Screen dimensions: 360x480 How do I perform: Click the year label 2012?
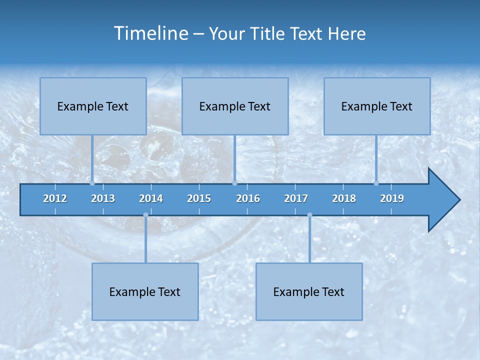pos(55,198)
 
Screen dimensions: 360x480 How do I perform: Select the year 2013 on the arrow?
pos(103,198)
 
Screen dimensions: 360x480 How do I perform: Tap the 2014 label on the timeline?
pos(151,198)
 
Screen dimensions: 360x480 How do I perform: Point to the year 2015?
pos(199,198)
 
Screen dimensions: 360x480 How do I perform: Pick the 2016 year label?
pos(248,198)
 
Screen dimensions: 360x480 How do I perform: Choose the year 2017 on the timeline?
pos(296,198)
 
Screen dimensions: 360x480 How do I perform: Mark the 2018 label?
pos(344,198)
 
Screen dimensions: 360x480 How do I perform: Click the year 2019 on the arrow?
pos(392,198)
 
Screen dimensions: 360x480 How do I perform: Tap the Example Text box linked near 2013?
pos(93,106)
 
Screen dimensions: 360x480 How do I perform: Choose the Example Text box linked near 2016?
pos(235,106)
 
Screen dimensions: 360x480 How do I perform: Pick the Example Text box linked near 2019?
pos(377,106)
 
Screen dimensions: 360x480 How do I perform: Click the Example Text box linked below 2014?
pos(145,291)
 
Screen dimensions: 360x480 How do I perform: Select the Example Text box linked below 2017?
pos(309,291)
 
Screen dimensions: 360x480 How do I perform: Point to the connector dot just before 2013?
pos(92,183)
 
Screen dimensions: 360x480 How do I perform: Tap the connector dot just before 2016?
pos(234,183)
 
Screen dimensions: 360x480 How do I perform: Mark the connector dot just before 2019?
pos(376,183)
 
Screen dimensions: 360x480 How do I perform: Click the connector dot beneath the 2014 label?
pos(145,215)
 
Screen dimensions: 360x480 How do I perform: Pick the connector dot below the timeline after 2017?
pos(309,215)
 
